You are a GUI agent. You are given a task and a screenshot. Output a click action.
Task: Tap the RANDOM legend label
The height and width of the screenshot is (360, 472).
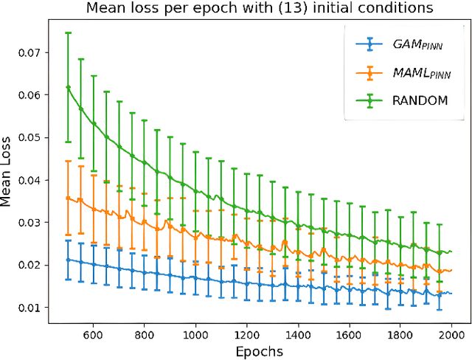[420, 100]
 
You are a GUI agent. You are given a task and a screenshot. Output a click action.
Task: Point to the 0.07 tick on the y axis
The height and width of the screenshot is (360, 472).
[34, 53]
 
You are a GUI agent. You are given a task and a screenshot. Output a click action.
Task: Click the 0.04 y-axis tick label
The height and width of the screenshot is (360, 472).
[34, 180]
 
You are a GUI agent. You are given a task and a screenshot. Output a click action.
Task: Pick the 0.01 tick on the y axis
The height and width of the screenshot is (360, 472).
[34, 308]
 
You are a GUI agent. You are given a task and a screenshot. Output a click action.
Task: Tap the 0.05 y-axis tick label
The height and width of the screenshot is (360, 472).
[34, 138]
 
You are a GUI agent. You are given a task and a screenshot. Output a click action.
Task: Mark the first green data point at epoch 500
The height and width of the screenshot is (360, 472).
[69, 87]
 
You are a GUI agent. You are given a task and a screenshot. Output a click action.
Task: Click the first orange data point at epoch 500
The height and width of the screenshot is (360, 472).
[69, 198]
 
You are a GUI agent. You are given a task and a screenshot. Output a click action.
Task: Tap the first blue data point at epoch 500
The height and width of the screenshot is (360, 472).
[69, 260]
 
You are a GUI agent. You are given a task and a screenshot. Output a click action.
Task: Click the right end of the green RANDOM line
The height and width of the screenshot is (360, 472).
[451, 252]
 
